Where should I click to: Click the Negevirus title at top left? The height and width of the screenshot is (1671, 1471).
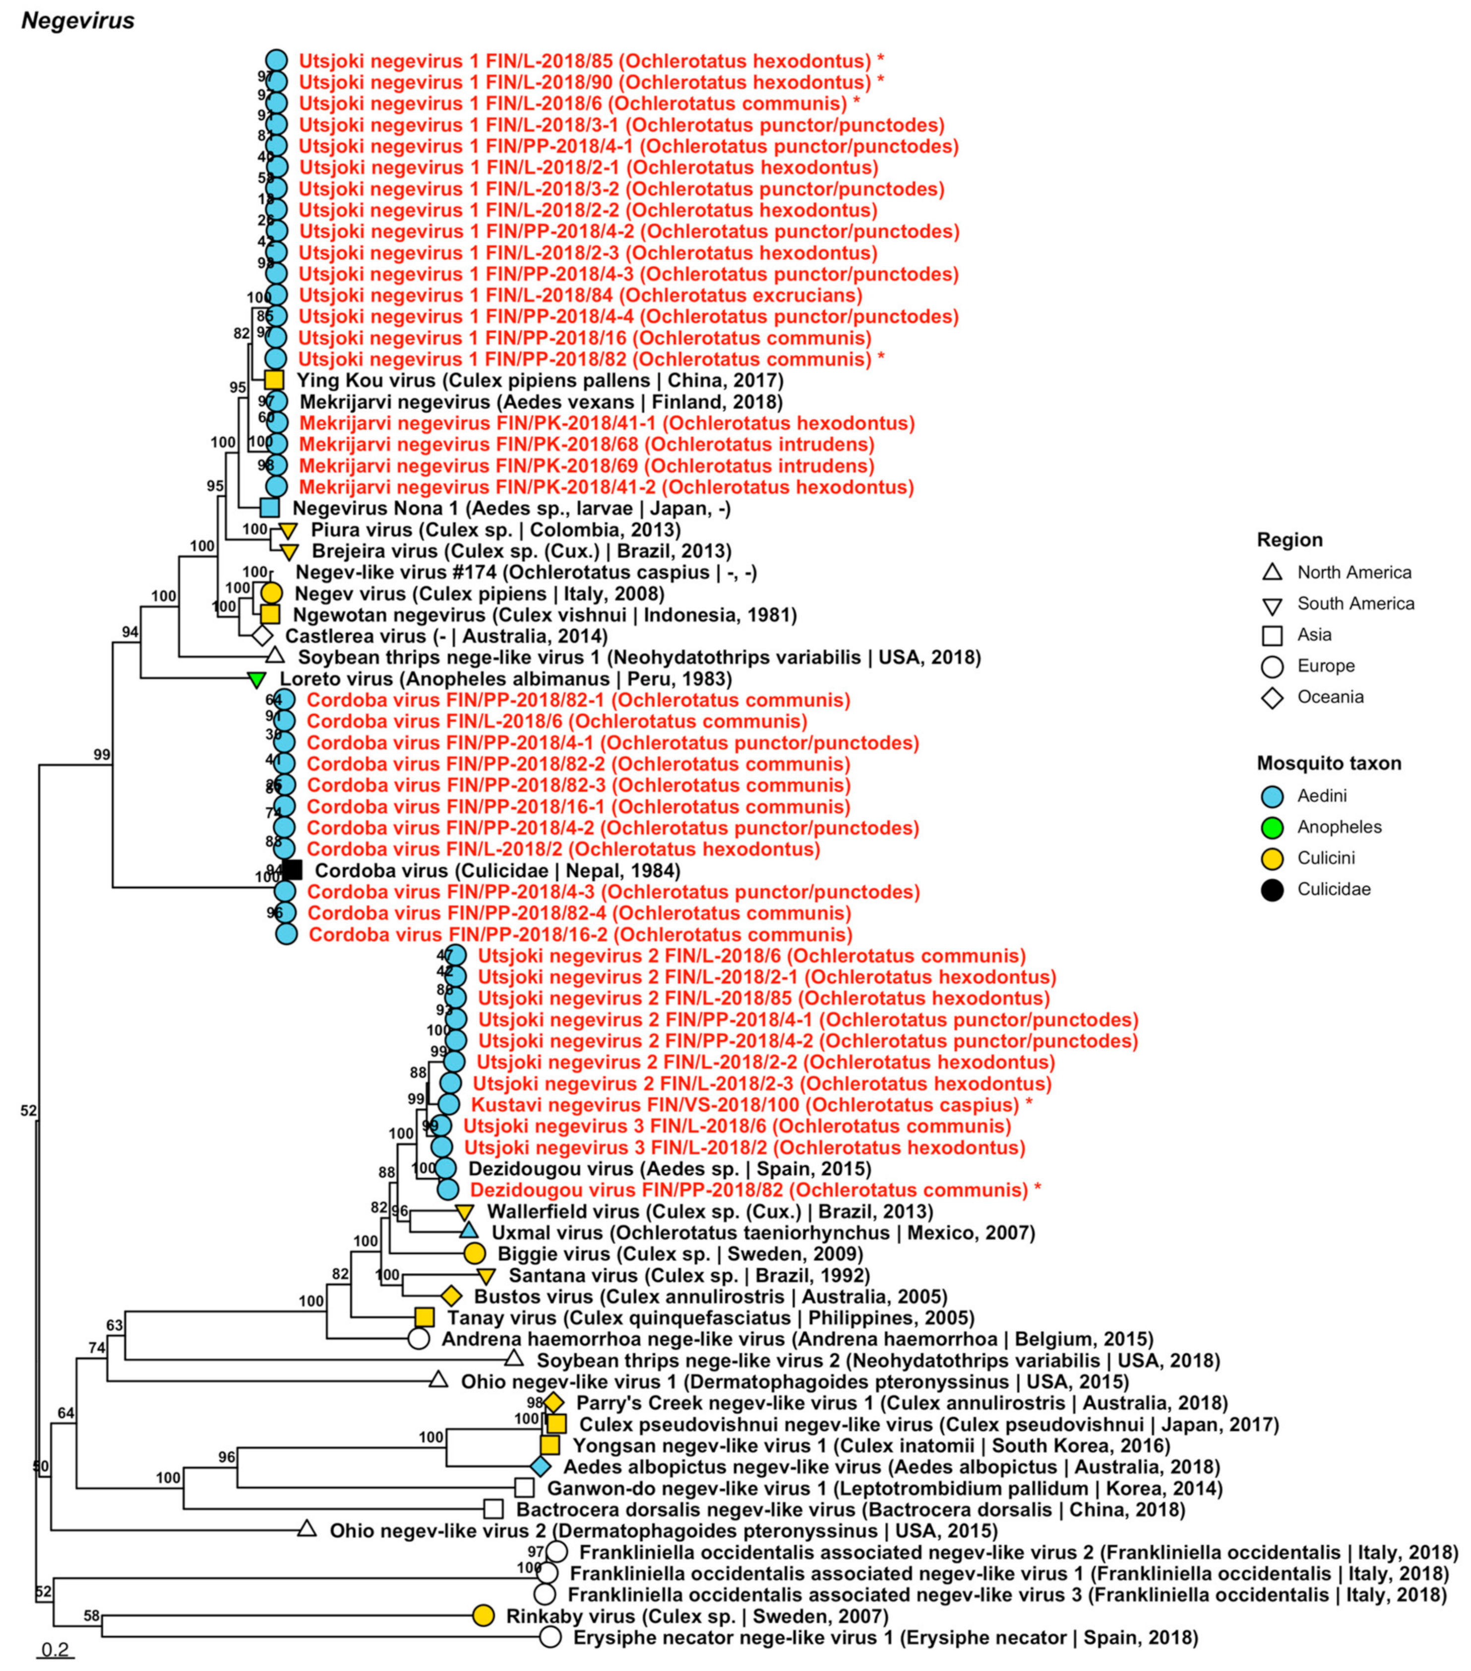[78, 20]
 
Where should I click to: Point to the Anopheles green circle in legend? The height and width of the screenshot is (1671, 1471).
[1272, 828]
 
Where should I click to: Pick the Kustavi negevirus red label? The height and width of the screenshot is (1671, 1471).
[744, 1105]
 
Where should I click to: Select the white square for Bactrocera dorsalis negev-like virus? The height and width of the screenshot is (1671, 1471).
[493, 1509]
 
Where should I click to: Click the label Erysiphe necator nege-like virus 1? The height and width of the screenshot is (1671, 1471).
[885, 1637]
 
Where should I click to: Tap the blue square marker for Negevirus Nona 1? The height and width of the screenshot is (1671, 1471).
[270, 508]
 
